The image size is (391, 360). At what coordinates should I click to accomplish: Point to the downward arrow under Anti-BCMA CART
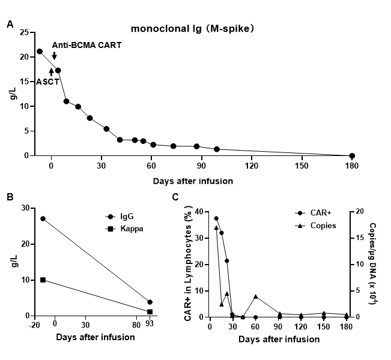point(54,56)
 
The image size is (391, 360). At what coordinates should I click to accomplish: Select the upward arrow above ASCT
point(51,71)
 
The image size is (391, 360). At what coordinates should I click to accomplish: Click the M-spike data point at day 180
point(352,155)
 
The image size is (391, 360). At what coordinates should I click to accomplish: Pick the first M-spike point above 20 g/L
point(40,52)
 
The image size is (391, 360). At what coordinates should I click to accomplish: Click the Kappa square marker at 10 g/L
point(43,280)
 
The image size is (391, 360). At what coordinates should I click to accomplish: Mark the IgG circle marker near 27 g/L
point(43,218)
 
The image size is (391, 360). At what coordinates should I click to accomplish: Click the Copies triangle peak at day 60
point(256,296)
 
